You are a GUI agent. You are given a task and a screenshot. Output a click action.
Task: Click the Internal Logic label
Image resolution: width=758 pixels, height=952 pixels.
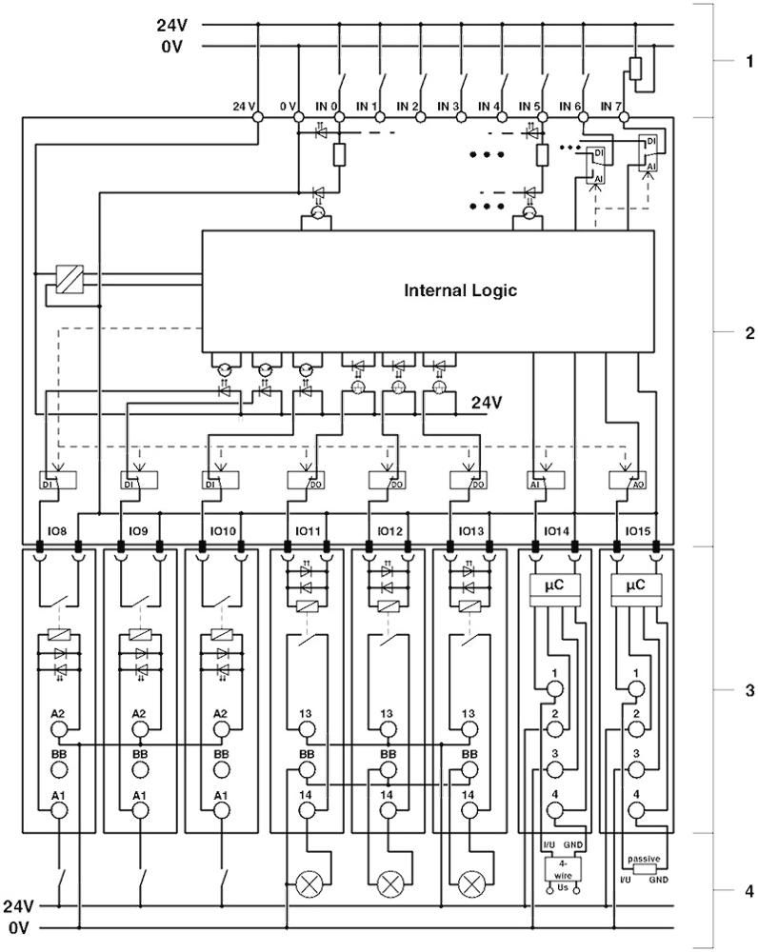pos(460,290)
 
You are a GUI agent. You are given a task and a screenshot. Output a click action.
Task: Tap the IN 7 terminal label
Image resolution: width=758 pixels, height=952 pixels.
pos(611,106)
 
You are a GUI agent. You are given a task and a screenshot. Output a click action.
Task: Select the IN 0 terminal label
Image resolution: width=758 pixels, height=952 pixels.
pos(328,106)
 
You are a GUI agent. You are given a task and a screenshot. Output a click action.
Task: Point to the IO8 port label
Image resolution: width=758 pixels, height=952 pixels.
pos(58,530)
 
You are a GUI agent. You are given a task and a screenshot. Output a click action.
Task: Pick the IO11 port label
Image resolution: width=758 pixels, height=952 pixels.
pos(306,530)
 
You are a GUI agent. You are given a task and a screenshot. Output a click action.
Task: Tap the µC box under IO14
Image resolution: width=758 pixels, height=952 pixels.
pos(554,586)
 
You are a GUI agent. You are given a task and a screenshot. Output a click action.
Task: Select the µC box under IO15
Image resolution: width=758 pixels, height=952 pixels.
pos(636,586)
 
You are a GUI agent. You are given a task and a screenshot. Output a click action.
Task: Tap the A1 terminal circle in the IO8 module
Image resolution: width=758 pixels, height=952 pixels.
pos(58,810)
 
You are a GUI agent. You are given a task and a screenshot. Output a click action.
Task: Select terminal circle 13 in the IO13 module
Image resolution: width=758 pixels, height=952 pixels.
pos(469,729)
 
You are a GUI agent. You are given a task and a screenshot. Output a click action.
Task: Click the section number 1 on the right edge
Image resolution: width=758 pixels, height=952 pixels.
pos(748,63)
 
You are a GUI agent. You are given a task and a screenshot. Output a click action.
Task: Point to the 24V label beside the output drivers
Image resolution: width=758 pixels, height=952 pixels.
pos(486,403)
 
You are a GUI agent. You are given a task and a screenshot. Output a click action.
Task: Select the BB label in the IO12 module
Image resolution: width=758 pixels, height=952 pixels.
pos(388,753)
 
